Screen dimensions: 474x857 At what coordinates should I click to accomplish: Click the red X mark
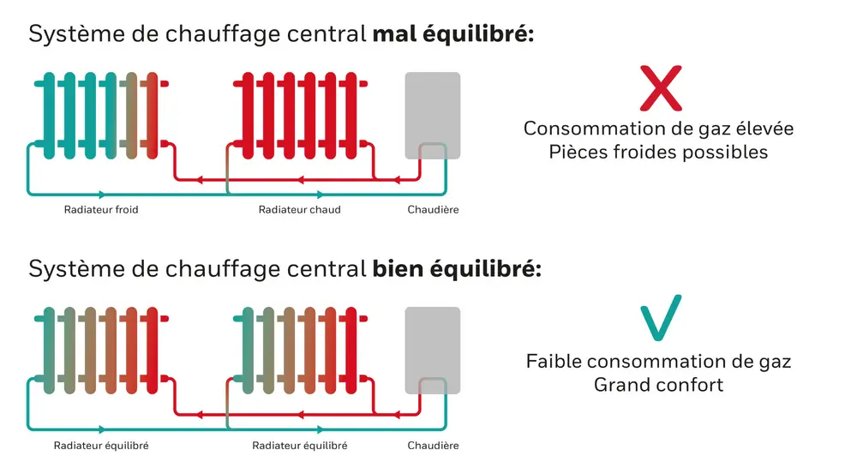pyautogui.click(x=661, y=87)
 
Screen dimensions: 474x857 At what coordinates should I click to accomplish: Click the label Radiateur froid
pyautogui.click(x=101, y=210)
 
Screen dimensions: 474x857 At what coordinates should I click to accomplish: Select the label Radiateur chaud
pyautogui.click(x=300, y=210)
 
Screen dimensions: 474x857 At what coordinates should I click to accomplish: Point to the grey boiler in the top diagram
pyautogui.click(x=433, y=116)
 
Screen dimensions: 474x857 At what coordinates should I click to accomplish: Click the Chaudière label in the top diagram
pyautogui.click(x=433, y=210)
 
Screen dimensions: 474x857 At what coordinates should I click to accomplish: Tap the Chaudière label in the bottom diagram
pyautogui.click(x=433, y=446)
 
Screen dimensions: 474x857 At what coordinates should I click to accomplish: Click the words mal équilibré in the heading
pyautogui.click(x=453, y=35)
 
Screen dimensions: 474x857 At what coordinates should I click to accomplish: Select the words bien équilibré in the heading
pyautogui.click(x=457, y=269)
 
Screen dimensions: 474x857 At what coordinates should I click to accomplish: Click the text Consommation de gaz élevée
pyautogui.click(x=658, y=129)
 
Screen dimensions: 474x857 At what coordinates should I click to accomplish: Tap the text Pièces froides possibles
pyautogui.click(x=658, y=153)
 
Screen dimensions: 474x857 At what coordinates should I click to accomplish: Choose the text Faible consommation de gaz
pyautogui.click(x=658, y=362)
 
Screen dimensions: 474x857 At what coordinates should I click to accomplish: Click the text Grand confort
pyautogui.click(x=658, y=385)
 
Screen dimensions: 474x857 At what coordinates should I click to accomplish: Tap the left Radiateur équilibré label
pyautogui.click(x=101, y=446)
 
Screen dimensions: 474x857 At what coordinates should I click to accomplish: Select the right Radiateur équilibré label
pyautogui.click(x=300, y=446)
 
